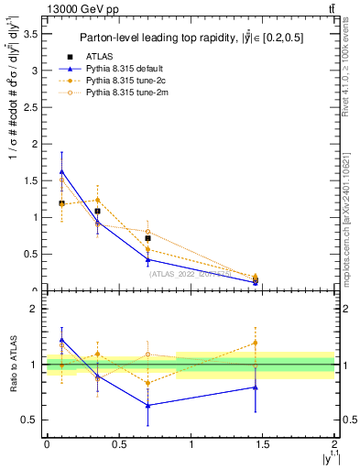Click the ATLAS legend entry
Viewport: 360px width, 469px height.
pyautogui.click(x=100, y=57)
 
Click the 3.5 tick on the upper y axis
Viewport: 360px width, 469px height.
pyautogui.click(x=32, y=33)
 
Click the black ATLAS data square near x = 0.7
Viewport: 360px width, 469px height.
pyautogui.click(x=147, y=238)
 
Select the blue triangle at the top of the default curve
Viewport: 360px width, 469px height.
pyautogui.click(x=61, y=171)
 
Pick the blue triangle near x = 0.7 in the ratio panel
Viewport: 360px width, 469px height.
pyautogui.click(x=147, y=405)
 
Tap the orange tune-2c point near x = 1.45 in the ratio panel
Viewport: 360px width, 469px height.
pyautogui.click(x=256, y=343)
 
